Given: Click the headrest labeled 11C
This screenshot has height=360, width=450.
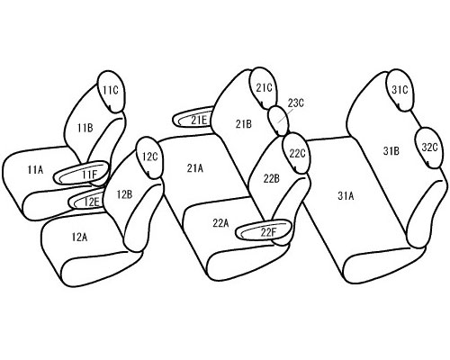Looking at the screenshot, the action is pyautogui.click(x=111, y=92).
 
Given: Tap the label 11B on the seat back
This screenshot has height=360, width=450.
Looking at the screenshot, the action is pyautogui.click(x=85, y=129).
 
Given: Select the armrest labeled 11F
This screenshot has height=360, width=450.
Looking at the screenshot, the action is pyautogui.click(x=81, y=173).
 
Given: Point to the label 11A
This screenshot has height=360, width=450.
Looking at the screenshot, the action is pyautogui.click(x=35, y=170).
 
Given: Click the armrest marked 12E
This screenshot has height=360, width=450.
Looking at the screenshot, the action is pyautogui.click(x=87, y=200).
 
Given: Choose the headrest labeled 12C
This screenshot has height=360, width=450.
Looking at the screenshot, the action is pyautogui.click(x=150, y=157).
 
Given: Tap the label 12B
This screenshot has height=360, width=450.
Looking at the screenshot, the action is pyautogui.click(x=124, y=195).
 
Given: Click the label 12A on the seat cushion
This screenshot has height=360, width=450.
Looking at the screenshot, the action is pyautogui.click(x=79, y=237).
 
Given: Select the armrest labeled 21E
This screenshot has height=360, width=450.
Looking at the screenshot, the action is pyautogui.click(x=193, y=119).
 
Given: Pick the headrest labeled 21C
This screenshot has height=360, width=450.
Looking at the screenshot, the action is pyautogui.click(x=264, y=87).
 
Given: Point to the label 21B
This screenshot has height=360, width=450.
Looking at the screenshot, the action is pyautogui.click(x=244, y=124).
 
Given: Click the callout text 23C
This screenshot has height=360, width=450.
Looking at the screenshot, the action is pyautogui.click(x=296, y=103).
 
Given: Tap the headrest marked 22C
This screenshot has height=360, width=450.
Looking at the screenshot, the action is pyautogui.click(x=297, y=153).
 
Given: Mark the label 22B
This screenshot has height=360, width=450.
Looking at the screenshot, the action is pyautogui.click(x=272, y=179).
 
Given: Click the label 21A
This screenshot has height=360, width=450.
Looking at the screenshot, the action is pyautogui.click(x=195, y=168).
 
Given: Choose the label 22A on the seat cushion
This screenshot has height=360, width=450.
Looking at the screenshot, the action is pyautogui.click(x=220, y=223).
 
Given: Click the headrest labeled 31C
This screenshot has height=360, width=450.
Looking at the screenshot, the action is pyautogui.click(x=400, y=90).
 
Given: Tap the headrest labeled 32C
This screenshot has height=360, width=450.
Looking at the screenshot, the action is pyautogui.click(x=429, y=148).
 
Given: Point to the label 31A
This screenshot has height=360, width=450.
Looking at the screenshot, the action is pyautogui.click(x=346, y=196).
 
